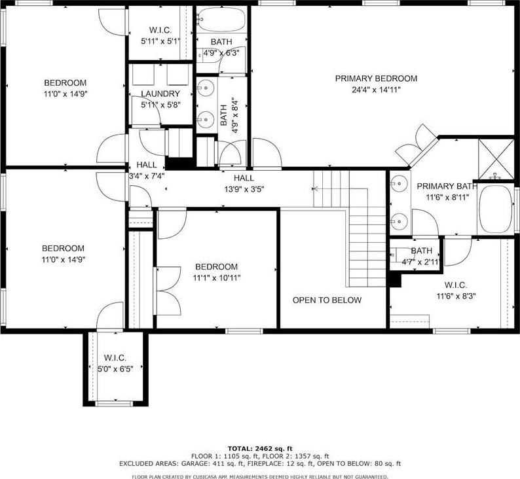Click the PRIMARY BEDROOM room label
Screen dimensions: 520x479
click(x=376, y=79)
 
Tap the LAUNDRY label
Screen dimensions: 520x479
click(x=160, y=94)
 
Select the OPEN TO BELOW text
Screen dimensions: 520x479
click(x=327, y=300)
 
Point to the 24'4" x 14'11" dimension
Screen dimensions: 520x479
click(x=376, y=90)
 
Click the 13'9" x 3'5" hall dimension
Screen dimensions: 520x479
click(x=244, y=190)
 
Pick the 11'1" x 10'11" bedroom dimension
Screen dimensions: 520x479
click(x=217, y=278)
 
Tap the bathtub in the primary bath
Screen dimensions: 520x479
click(x=496, y=209)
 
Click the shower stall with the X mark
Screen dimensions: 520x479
click(x=496, y=159)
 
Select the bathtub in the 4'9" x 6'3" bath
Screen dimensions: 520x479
click(x=221, y=20)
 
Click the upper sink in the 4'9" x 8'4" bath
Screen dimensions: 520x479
click(x=205, y=88)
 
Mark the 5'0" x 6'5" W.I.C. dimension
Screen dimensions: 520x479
click(x=115, y=369)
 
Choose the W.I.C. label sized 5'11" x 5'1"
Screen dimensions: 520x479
click(x=160, y=30)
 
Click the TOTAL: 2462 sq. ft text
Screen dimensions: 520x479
click(x=260, y=449)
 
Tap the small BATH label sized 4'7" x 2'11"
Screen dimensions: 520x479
click(x=422, y=251)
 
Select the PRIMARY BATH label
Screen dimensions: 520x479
click(x=447, y=186)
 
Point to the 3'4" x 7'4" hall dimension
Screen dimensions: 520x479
click(x=147, y=175)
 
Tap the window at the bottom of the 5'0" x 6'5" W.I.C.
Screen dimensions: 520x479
click(x=114, y=404)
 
